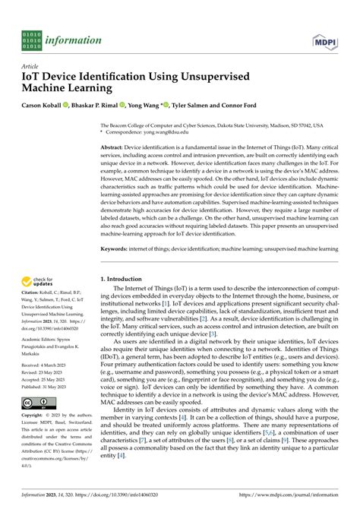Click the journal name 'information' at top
(x=74, y=40)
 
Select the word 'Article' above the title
(x=31, y=66)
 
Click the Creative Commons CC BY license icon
(x=34, y=402)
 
